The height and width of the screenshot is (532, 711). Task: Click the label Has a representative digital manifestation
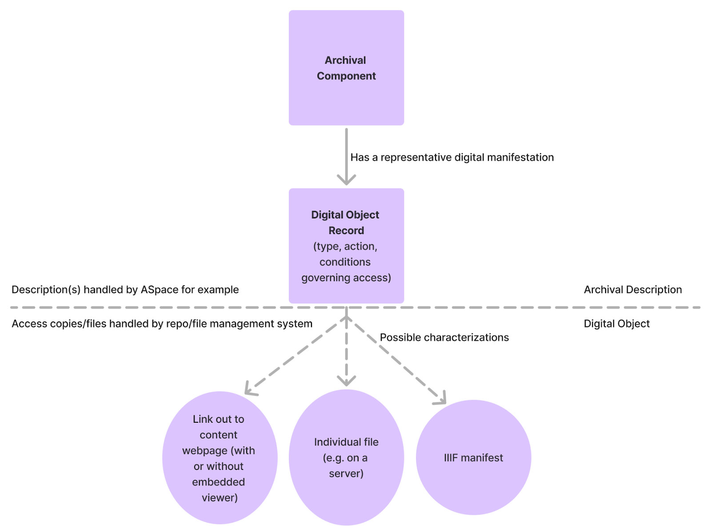point(452,157)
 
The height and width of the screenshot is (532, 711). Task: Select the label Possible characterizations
point(444,337)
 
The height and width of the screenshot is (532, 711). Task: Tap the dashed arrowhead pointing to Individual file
point(346,381)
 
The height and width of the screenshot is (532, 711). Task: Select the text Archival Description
point(632,290)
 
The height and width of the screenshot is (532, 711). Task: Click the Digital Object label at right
point(616,324)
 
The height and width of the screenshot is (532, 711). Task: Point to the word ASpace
point(160,290)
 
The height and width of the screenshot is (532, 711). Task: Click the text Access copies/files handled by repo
point(162,324)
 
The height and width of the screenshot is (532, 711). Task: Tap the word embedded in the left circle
point(218,482)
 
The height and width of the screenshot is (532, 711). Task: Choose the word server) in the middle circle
point(346,473)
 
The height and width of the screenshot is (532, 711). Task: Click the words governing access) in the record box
point(346,278)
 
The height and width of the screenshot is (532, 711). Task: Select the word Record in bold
point(346,230)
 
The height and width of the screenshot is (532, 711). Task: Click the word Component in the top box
point(346,76)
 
